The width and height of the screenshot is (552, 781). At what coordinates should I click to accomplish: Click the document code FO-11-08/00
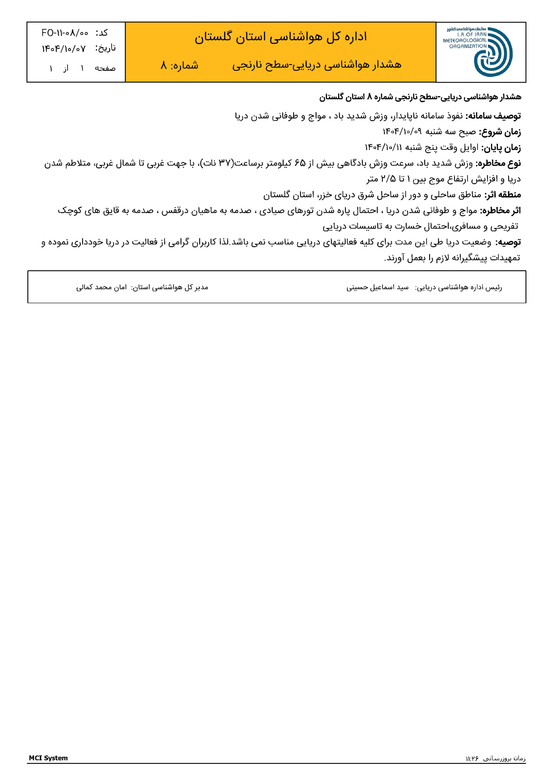point(65,33)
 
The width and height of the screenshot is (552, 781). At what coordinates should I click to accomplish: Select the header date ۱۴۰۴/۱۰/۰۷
point(64,49)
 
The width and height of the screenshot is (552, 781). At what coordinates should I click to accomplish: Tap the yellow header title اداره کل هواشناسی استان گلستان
point(281,37)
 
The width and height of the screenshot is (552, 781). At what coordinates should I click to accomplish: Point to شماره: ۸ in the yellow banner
point(179,65)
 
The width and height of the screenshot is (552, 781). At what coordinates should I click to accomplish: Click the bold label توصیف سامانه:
point(493,116)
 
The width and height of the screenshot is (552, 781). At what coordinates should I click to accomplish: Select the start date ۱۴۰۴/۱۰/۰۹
point(402,131)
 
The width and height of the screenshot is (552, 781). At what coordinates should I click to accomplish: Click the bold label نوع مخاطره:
point(498,163)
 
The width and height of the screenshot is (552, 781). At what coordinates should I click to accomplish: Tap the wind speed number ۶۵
point(300,163)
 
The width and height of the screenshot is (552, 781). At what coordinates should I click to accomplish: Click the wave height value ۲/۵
point(388,179)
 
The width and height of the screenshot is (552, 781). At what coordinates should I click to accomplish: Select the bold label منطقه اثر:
point(502,195)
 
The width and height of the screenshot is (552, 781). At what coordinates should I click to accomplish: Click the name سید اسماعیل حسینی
point(377,287)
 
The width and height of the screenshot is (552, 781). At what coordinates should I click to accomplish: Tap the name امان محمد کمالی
point(101,287)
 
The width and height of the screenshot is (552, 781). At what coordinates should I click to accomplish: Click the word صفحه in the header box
point(105,69)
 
